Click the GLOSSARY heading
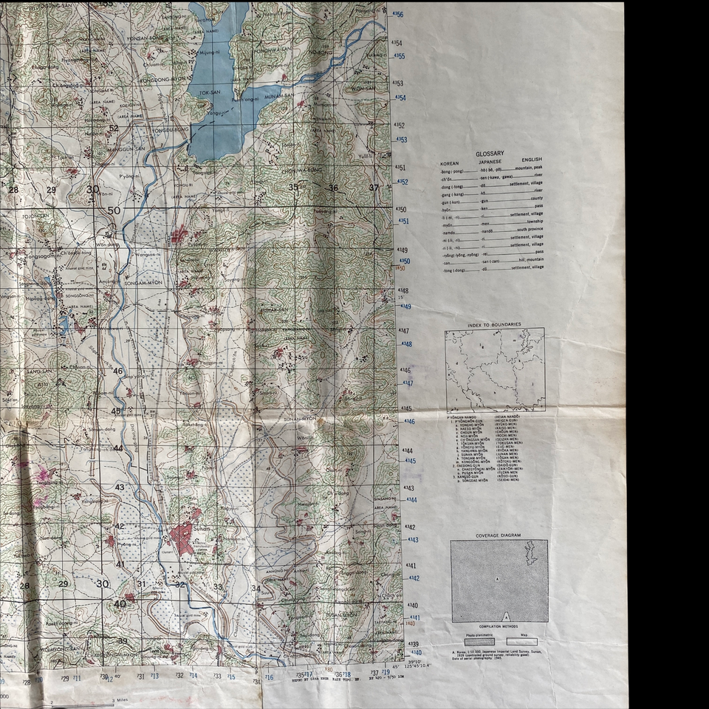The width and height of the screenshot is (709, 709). pos(490,153)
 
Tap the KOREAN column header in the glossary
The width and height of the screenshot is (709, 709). pos(450,160)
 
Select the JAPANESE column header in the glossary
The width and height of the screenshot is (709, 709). pos(490,160)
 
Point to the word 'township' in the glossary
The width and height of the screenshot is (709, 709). pos(532,222)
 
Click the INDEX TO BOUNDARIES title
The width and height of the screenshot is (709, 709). pos(494,324)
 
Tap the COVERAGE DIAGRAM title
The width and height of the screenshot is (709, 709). pos(499,535)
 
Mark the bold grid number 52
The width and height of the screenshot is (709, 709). pos(113,128)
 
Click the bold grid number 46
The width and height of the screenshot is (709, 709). pos(117,371)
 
